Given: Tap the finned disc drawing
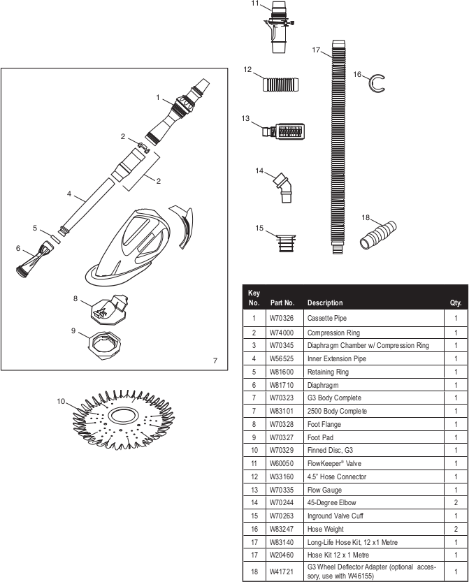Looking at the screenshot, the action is pyautogui.click(x=123, y=420).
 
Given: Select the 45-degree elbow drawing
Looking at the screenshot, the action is pyautogui.click(x=284, y=187).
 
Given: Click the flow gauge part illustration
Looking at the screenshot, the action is pyautogui.click(x=284, y=131).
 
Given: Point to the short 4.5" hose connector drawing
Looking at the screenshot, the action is pyautogui.click(x=280, y=85).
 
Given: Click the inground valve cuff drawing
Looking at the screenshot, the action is pyautogui.click(x=286, y=242).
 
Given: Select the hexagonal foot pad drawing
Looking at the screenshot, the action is pyautogui.click(x=105, y=345).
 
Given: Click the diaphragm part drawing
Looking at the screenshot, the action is pyautogui.click(x=34, y=260).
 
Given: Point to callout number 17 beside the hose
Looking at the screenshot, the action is pyautogui.click(x=316, y=50).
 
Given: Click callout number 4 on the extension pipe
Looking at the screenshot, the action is pyautogui.click(x=69, y=194).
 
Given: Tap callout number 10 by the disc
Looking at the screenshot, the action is pyautogui.click(x=61, y=401).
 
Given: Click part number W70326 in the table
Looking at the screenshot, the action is pyautogui.click(x=282, y=318).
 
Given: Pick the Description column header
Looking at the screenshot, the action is pyautogui.click(x=325, y=303).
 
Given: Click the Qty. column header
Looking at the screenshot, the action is pyautogui.click(x=456, y=303).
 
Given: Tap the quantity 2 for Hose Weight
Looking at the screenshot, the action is pyautogui.click(x=456, y=529).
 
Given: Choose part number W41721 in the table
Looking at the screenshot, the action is pyautogui.click(x=282, y=572).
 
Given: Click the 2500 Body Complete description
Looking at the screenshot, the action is pyautogui.click(x=337, y=411).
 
